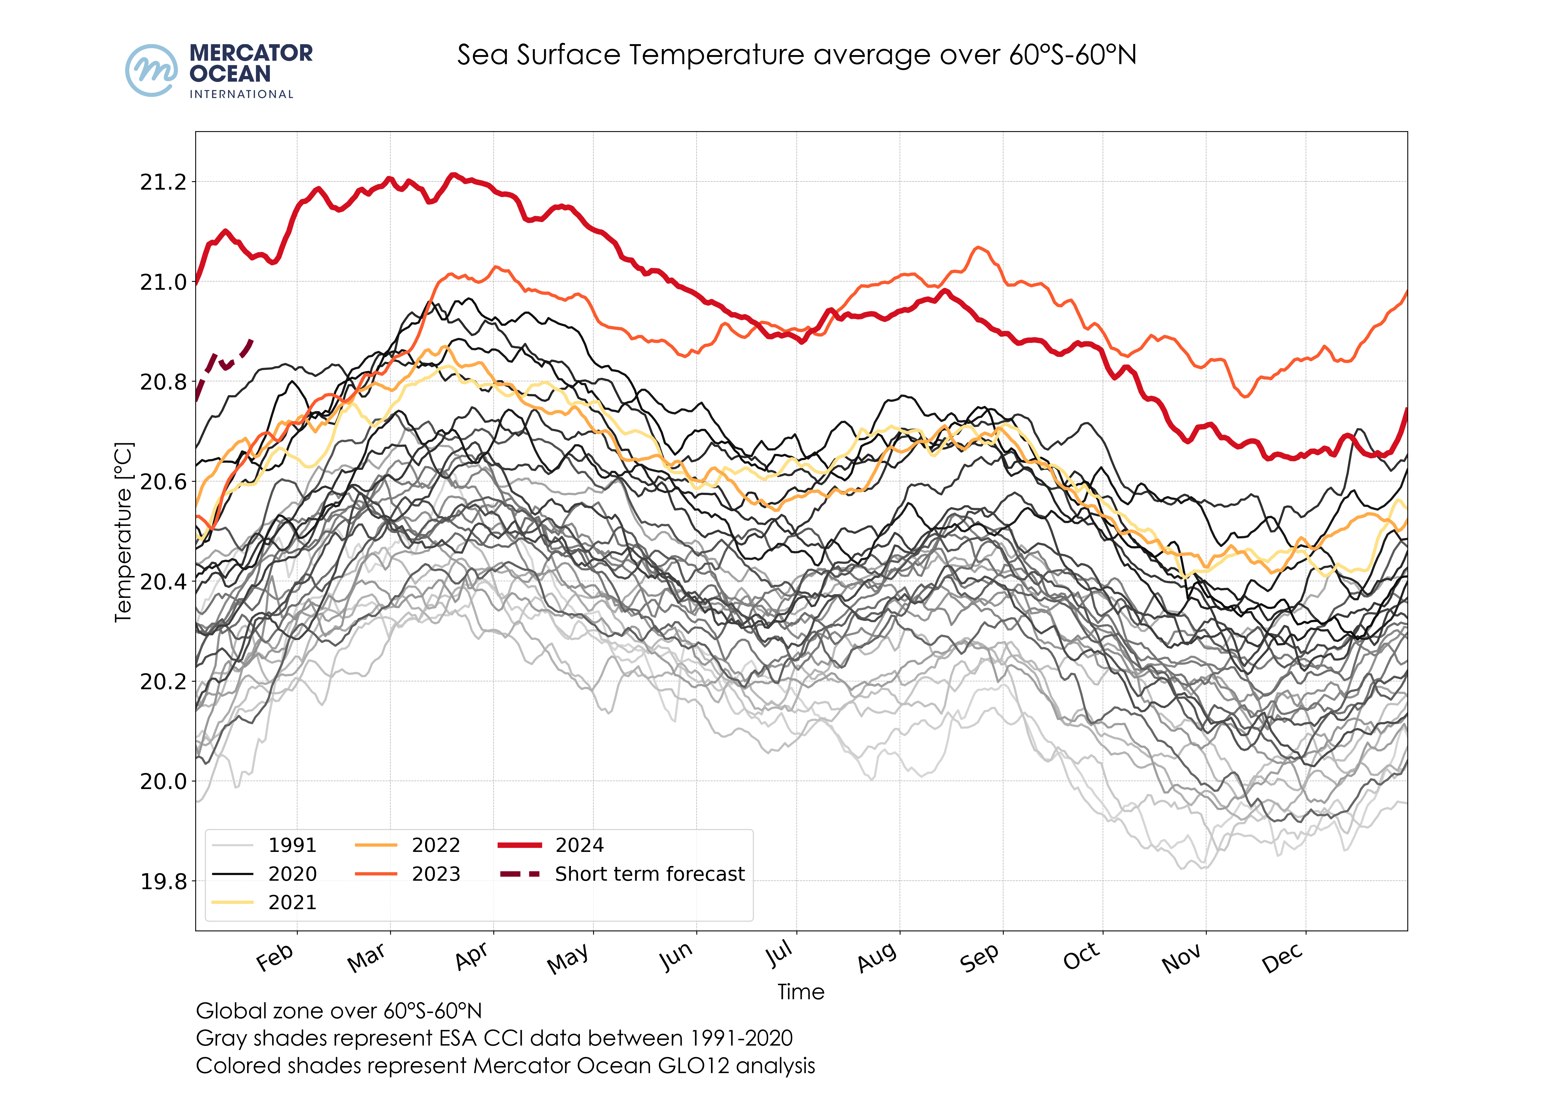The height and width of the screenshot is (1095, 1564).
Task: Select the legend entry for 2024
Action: pos(579,845)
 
